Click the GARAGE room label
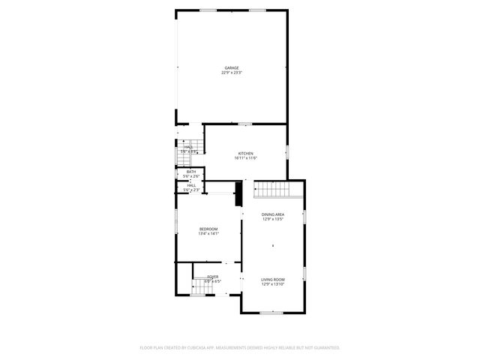coord(231,67)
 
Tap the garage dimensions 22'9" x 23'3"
coord(231,73)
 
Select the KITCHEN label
coord(246,153)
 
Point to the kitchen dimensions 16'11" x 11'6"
coord(246,158)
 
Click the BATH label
coord(191,172)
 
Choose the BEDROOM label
coord(208,229)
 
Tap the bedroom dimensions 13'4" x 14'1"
coord(208,234)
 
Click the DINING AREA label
coord(272,215)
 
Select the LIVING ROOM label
coord(272,279)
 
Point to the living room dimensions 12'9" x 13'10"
coord(272,284)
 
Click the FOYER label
coord(213,277)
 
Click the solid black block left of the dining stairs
coord(239,194)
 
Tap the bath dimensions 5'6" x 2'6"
coord(191,177)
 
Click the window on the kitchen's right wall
coord(286,152)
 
